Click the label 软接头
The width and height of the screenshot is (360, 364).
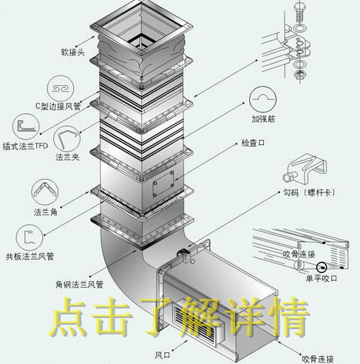(72, 53)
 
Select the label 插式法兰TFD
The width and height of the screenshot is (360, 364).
(25, 146)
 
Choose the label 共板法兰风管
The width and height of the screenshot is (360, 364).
(30, 257)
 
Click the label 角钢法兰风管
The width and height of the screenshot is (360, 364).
(79, 285)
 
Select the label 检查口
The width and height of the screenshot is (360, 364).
(253, 143)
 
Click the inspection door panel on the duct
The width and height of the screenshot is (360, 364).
(163, 183)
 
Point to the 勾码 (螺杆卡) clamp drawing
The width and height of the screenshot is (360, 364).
(305, 169)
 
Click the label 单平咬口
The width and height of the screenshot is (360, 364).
(322, 278)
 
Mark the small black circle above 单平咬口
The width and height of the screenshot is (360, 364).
(322, 267)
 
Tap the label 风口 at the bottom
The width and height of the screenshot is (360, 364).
(163, 355)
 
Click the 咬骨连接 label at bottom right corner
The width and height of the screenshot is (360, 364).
(318, 359)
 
